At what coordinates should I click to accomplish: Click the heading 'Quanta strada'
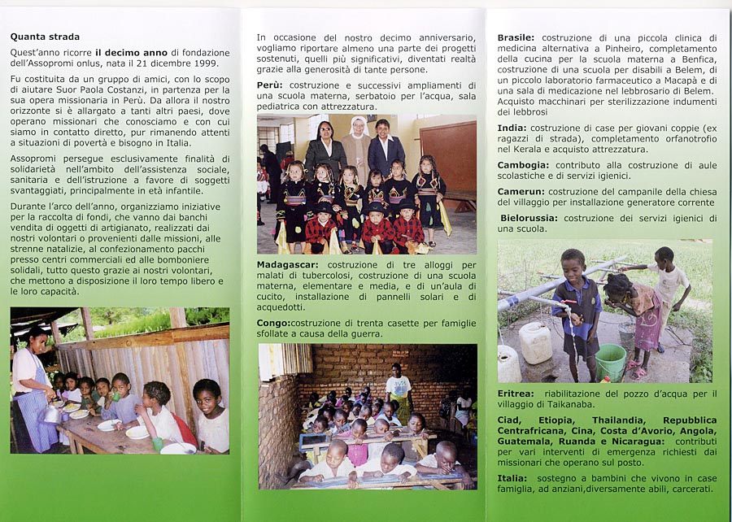[x=45, y=37]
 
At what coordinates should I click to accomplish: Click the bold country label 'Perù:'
[x=270, y=85]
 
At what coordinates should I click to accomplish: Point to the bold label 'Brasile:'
[x=516, y=37]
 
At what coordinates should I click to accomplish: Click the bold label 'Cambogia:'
[x=523, y=166]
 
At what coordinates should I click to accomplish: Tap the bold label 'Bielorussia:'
[x=529, y=218]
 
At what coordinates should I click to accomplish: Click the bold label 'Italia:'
[x=512, y=477]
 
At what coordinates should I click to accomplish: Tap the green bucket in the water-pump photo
[x=610, y=362]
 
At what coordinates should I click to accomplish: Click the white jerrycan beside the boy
[x=535, y=343]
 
